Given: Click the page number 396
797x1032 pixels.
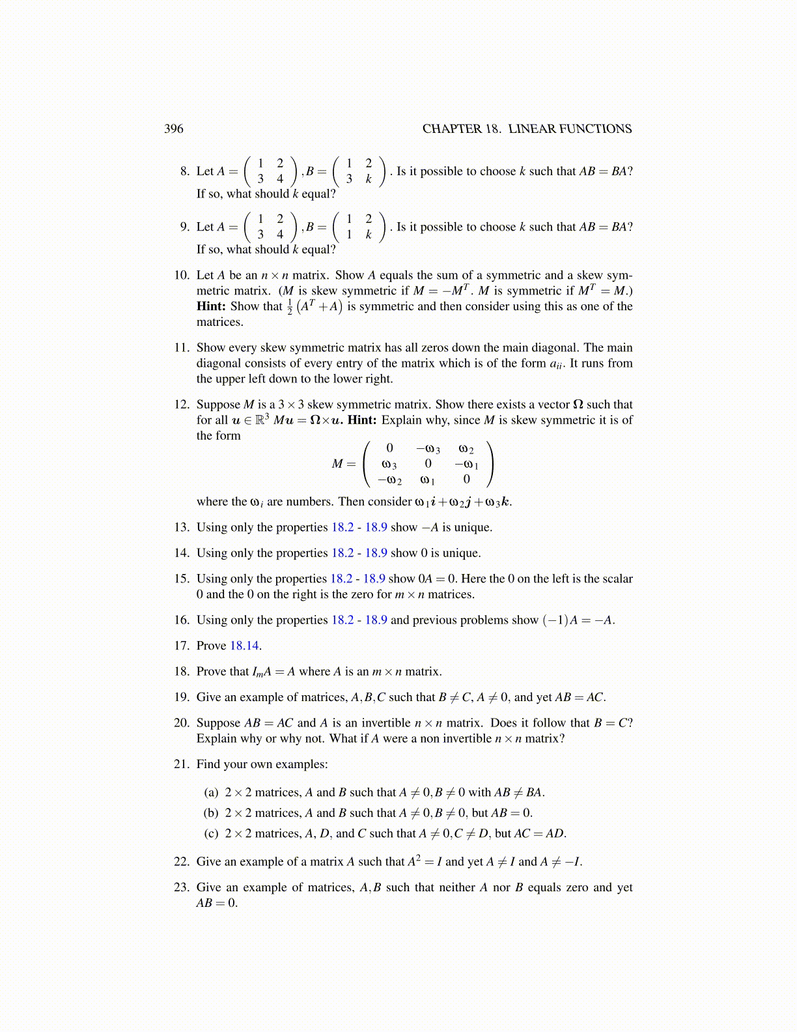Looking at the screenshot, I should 174,129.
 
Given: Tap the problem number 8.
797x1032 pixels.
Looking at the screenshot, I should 185,171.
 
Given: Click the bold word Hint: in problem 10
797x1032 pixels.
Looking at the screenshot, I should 212,306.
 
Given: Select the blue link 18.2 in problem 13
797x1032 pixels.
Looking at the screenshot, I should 343,527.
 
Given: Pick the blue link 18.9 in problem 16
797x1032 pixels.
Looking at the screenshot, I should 376,620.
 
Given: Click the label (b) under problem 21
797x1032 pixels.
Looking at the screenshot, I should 211,813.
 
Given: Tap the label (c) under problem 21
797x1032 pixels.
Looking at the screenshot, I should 211,833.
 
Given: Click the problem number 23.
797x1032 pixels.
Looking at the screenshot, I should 182,887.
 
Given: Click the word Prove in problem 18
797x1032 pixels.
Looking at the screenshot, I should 211,672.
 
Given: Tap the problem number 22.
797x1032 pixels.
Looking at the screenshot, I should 182,862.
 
